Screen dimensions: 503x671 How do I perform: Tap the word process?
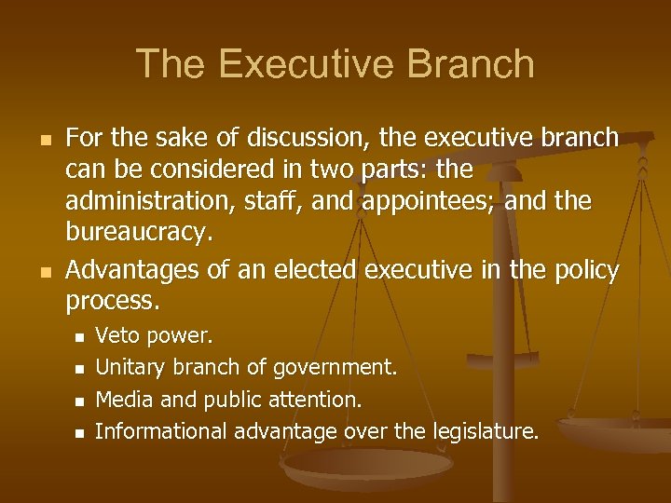click(113, 301)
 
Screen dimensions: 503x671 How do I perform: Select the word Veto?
click(116, 334)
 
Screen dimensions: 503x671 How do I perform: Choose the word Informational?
click(162, 431)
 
